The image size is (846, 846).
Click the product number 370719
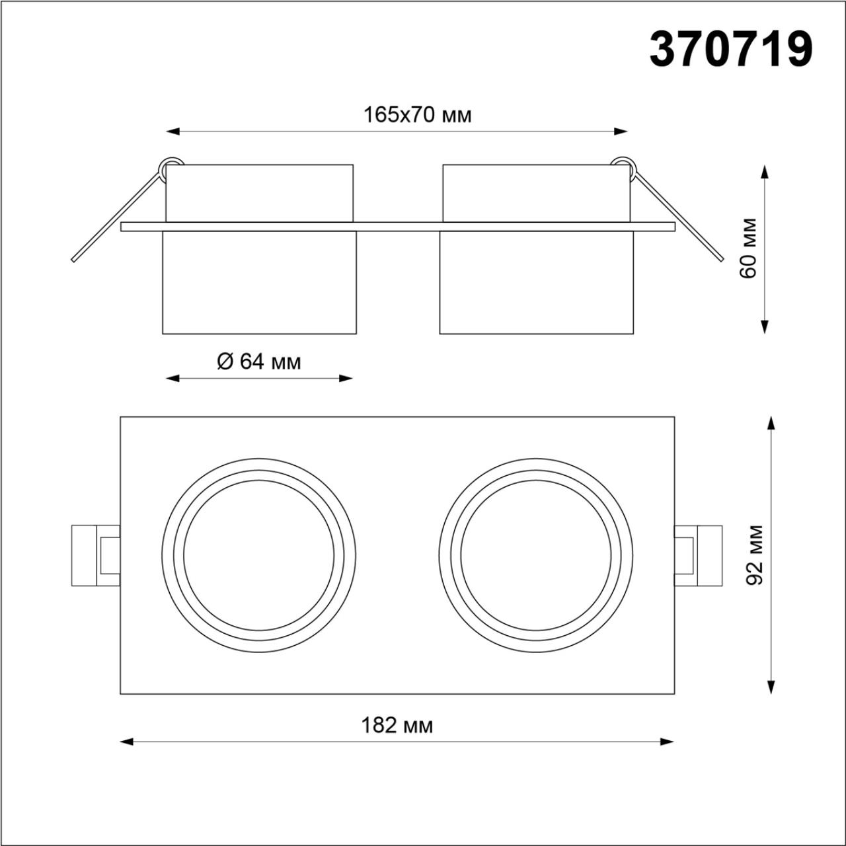[730, 50]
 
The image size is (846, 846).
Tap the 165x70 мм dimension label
[417, 115]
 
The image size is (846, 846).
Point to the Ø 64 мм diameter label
[258, 362]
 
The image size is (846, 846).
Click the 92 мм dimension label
[754, 555]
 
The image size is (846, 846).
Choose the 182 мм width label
[397, 726]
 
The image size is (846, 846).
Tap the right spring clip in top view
[698, 555]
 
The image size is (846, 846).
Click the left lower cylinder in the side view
[259, 282]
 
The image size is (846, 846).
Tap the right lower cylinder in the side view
[537, 282]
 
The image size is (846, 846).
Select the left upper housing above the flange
[259, 193]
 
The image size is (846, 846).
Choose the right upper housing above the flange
[537, 193]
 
